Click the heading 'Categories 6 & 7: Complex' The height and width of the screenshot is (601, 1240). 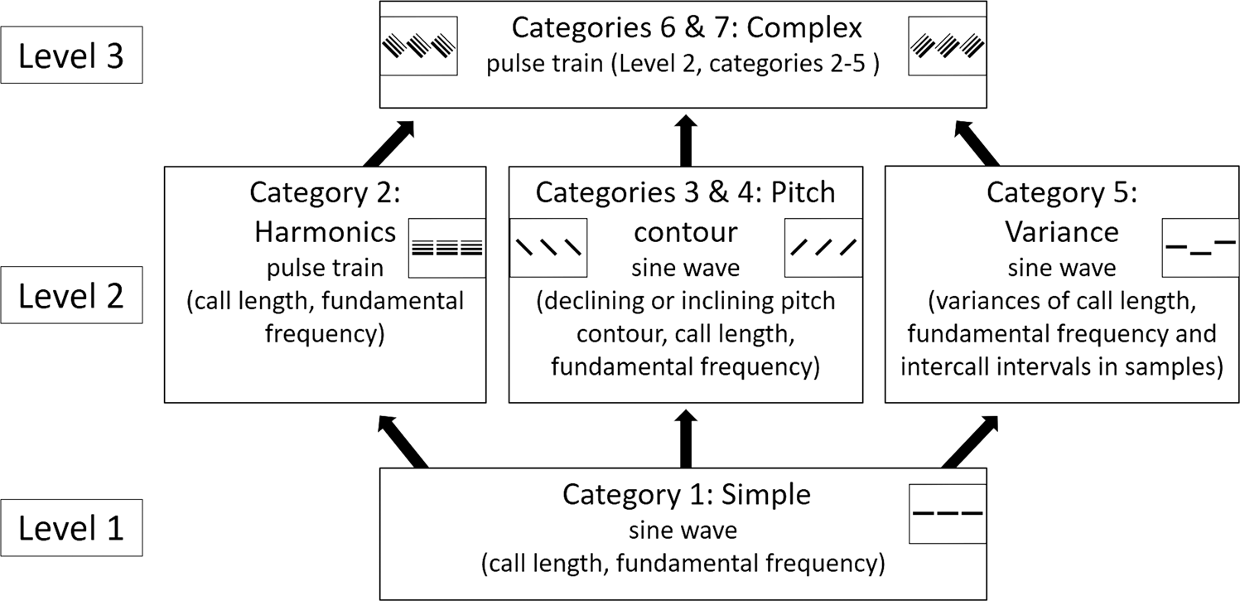click(687, 27)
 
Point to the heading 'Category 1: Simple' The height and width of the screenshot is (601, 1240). click(686, 495)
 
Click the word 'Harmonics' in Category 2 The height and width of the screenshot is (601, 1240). click(326, 232)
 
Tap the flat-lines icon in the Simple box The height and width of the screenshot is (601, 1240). click(947, 514)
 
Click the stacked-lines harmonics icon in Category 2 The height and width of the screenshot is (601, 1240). click(447, 247)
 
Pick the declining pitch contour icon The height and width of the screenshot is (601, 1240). click(548, 247)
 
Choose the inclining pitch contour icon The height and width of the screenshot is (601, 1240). click(823, 247)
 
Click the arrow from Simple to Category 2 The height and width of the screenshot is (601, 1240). click(403, 441)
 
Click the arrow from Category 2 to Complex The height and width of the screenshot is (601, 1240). click(388, 140)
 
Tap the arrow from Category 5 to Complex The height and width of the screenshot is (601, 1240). click(978, 140)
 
